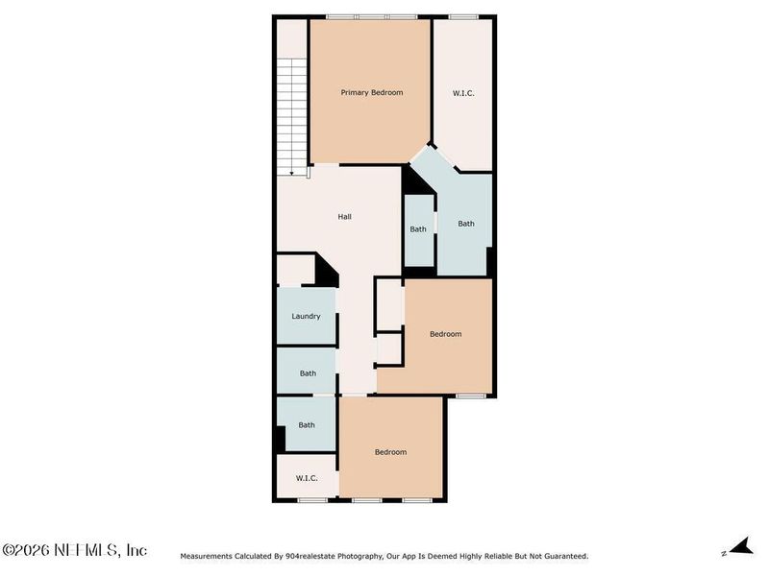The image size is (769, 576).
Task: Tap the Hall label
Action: pyautogui.click(x=344, y=217)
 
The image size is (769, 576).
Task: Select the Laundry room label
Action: pyautogui.click(x=306, y=316)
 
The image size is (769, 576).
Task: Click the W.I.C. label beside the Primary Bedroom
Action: pyautogui.click(x=463, y=93)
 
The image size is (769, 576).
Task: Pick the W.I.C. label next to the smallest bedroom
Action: pyautogui.click(x=307, y=477)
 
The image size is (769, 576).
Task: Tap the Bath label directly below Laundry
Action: pyautogui.click(x=308, y=373)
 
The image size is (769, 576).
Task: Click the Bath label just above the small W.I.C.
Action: pyautogui.click(x=307, y=425)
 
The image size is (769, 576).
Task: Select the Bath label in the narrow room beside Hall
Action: pyautogui.click(x=418, y=229)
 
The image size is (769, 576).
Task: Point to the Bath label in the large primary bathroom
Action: pyautogui.click(x=466, y=224)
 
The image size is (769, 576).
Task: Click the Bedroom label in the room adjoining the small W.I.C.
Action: pyautogui.click(x=390, y=452)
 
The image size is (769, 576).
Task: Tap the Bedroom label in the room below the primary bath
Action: pyautogui.click(x=445, y=334)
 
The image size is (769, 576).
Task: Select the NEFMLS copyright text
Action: pyautogui.click(x=74, y=550)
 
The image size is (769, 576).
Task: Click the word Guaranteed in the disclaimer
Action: pyautogui.click(x=562, y=556)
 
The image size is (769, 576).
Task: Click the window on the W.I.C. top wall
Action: pyautogui.click(x=464, y=16)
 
